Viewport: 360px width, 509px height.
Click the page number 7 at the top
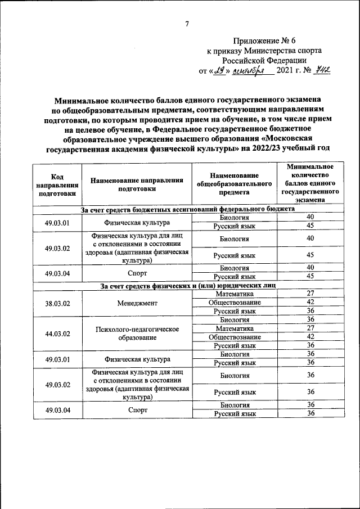pyautogui.click(x=187, y=23)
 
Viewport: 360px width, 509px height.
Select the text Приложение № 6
pyautogui.click(x=264, y=41)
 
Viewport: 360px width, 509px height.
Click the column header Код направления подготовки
pyautogui.click(x=57, y=184)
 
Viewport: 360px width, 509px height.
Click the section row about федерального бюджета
pyautogui.click(x=187, y=209)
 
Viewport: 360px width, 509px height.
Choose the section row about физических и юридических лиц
pyautogui.click(x=187, y=286)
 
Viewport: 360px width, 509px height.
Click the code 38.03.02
pyautogui.click(x=57, y=303)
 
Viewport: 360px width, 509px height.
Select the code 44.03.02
pyautogui.click(x=57, y=333)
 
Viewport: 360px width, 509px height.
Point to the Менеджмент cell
pyautogui.click(x=137, y=303)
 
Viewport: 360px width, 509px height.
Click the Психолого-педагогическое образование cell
pyautogui.click(x=137, y=333)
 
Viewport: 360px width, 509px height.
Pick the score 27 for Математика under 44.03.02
pyautogui.click(x=309, y=328)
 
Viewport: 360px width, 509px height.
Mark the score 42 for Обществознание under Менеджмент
pyautogui.click(x=309, y=303)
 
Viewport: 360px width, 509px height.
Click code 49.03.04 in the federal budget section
pyautogui.click(x=57, y=272)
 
